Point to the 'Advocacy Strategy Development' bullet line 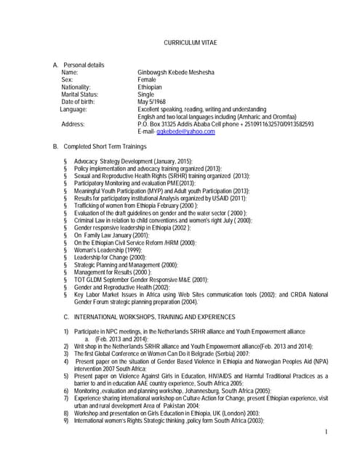tap(123, 161)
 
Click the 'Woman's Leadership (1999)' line tap(110, 250)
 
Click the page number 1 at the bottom tap(327, 432)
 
